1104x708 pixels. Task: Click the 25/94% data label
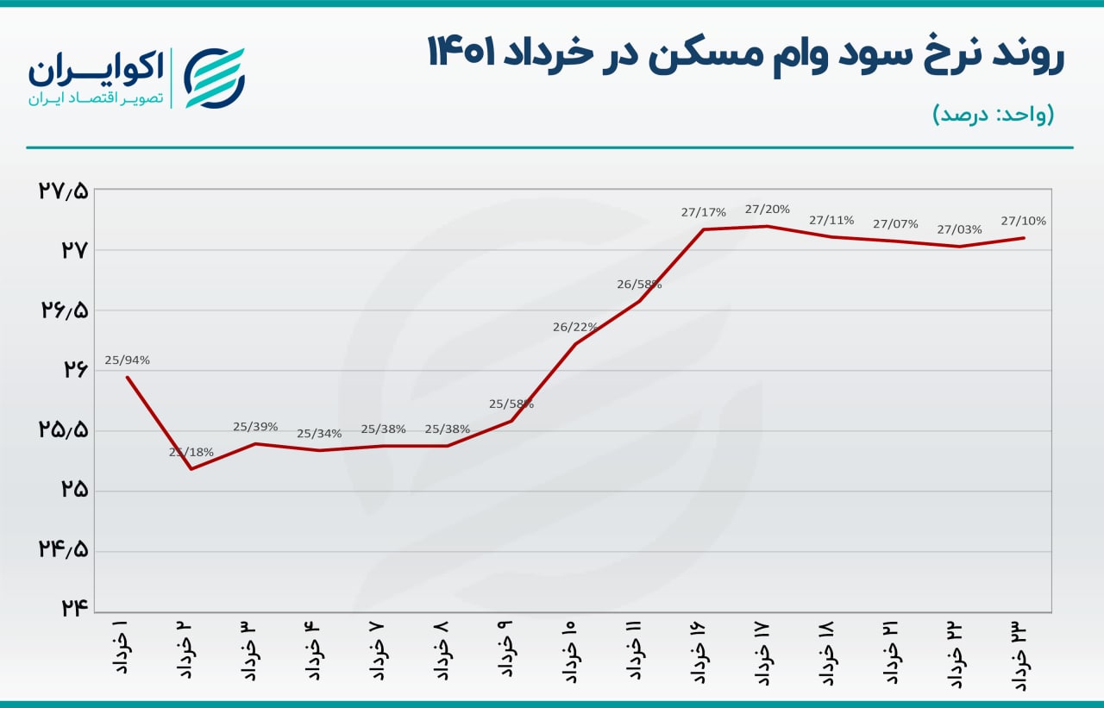127,360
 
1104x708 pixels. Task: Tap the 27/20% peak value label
767,209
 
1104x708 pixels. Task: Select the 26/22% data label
575,327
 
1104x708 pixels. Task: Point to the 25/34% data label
319,434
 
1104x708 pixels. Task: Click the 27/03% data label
959,229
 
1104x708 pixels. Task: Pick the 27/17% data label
703,212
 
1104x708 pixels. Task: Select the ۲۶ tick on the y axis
74,369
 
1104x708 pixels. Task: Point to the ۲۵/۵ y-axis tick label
63,429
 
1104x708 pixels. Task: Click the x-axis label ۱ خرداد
122,647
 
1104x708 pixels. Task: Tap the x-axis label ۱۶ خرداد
699,651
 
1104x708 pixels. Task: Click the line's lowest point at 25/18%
191,468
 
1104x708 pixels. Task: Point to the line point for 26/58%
639,301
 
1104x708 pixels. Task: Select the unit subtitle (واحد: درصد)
993,115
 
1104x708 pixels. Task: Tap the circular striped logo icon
215,78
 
